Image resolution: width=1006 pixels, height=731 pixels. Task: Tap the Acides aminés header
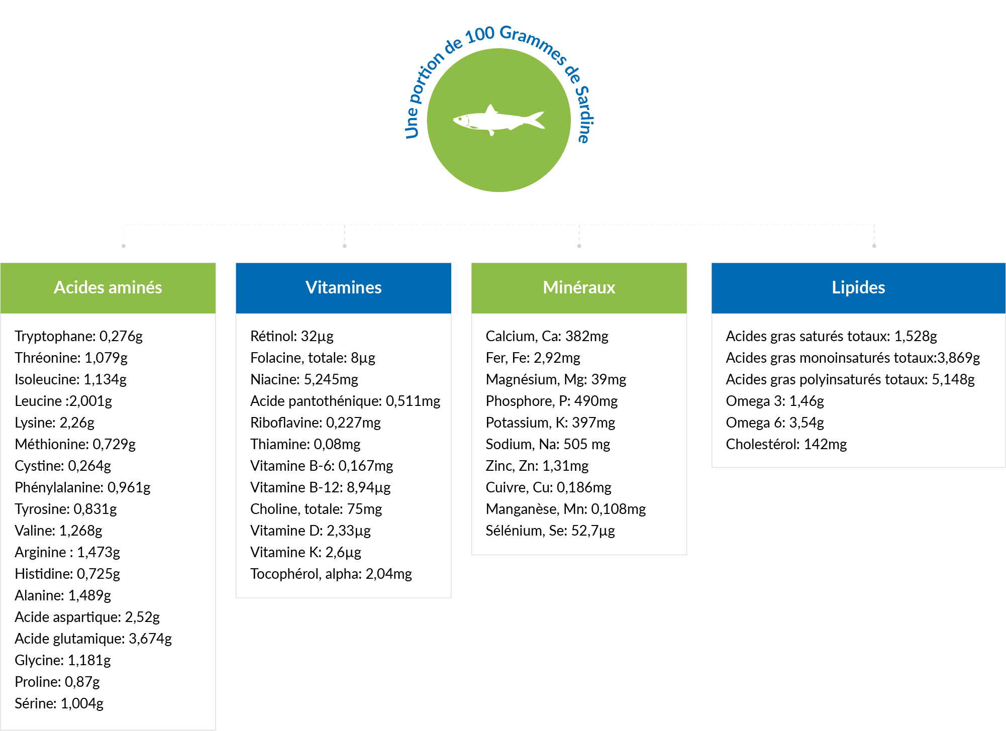click(x=108, y=287)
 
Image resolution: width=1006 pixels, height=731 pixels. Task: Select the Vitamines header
click(x=344, y=287)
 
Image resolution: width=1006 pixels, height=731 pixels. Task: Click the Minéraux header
click(x=579, y=287)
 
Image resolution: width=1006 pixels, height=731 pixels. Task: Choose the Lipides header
click(x=858, y=287)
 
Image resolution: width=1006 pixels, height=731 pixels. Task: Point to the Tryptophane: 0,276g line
click(x=78, y=336)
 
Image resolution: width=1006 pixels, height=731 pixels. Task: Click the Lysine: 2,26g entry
click(x=54, y=423)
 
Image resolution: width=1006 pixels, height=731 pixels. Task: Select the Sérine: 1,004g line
click(x=59, y=703)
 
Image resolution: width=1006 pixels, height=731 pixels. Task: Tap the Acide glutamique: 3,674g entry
click(x=93, y=639)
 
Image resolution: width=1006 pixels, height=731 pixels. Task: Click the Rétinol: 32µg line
click(x=292, y=336)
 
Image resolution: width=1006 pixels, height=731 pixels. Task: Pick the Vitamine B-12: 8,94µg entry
click(x=320, y=487)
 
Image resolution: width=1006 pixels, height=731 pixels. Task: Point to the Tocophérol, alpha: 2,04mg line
click(x=331, y=574)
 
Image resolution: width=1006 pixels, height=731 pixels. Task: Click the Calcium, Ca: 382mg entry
click(x=547, y=336)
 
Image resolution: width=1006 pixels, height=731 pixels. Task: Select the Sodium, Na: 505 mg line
click(x=548, y=444)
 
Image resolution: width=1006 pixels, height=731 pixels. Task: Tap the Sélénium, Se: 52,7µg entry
click(x=550, y=531)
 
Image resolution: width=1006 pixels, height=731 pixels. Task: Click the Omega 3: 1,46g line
click(x=775, y=401)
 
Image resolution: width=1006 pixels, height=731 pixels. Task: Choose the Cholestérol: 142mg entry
click(x=786, y=444)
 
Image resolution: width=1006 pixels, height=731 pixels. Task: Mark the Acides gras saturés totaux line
click(x=831, y=336)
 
